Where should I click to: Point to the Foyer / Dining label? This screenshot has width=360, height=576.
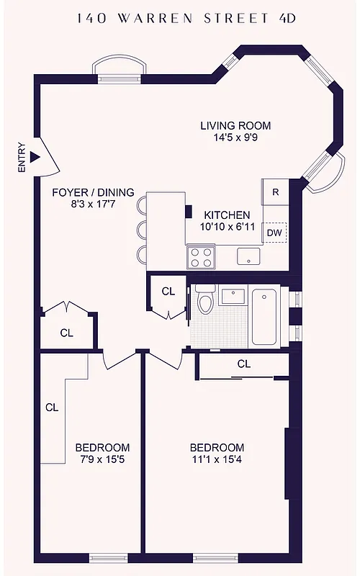(x=93, y=192)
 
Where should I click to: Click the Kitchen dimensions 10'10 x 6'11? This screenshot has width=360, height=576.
(x=227, y=228)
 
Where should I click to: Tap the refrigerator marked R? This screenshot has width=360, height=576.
(x=275, y=192)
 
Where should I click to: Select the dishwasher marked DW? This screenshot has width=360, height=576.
(x=274, y=233)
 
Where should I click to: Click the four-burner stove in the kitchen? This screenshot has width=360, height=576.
(x=201, y=256)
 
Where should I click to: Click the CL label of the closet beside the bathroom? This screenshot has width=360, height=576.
(x=168, y=292)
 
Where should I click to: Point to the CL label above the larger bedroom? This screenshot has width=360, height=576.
(x=243, y=364)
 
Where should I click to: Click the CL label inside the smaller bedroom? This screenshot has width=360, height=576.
(x=52, y=407)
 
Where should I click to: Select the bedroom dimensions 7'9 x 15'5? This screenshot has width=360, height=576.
(x=103, y=459)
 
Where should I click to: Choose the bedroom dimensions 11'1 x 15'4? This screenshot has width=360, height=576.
(x=217, y=459)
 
